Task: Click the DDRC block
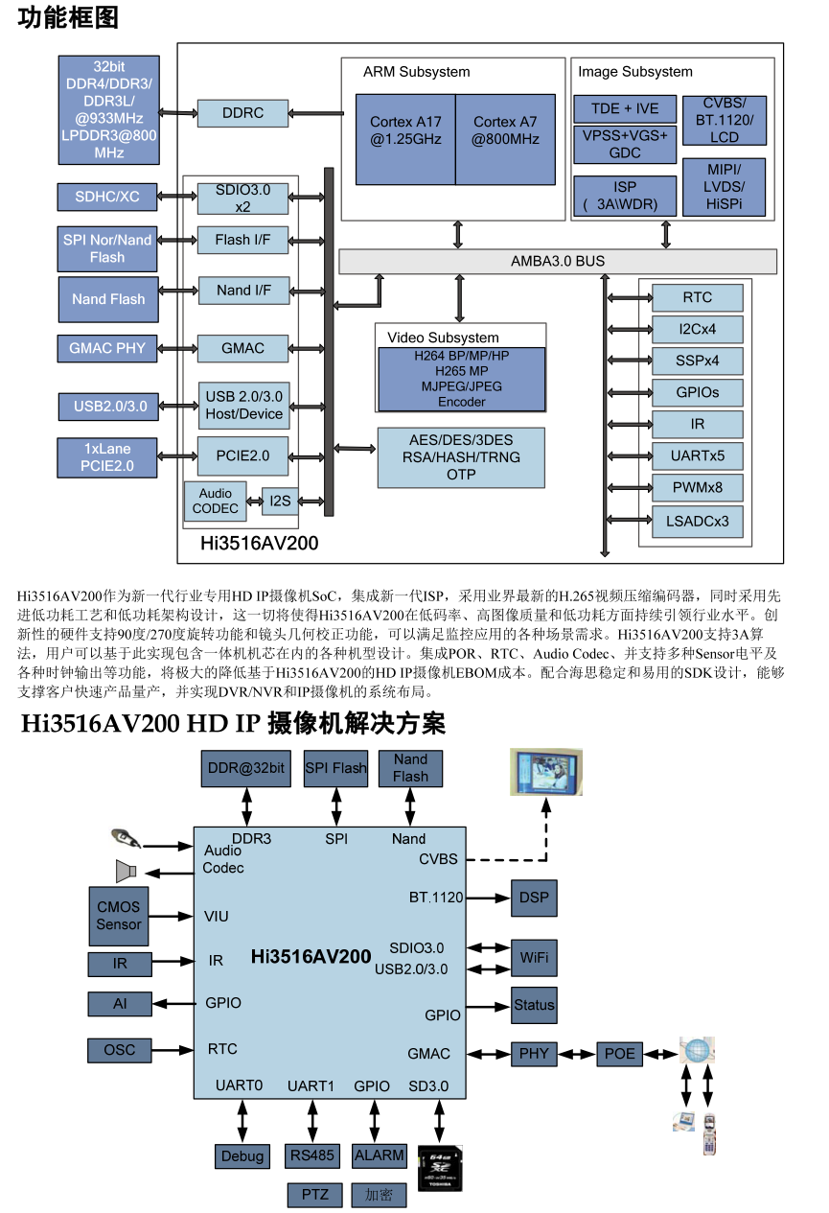(242, 113)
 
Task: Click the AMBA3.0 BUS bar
(558, 261)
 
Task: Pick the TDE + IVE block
(624, 108)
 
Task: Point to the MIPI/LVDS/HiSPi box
(724, 187)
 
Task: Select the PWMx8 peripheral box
(697, 487)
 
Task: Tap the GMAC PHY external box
(107, 348)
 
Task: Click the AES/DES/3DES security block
(461, 456)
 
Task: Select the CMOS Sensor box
(119, 915)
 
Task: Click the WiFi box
(534, 957)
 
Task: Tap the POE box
(620, 1054)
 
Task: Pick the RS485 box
(311, 1155)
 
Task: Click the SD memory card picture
(441, 1169)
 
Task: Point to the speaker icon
(126, 871)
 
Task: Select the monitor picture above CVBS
(545, 773)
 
